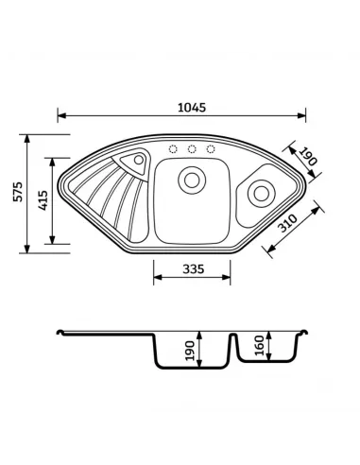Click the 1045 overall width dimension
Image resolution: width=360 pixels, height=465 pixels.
(x=192, y=108)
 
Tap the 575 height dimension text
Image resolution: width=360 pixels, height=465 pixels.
(x=18, y=192)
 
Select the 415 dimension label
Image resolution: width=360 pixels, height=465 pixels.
(x=43, y=200)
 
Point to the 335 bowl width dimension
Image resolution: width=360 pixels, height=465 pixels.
(x=194, y=269)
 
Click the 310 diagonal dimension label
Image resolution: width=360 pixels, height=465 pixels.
(x=288, y=223)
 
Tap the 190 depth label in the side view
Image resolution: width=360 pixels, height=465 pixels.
(x=190, y=351)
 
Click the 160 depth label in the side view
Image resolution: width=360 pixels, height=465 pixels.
(x=259, y=346)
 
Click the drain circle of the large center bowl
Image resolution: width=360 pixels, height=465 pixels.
(x=192, y=181)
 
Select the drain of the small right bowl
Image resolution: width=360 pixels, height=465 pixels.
(x=262, y=194)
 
